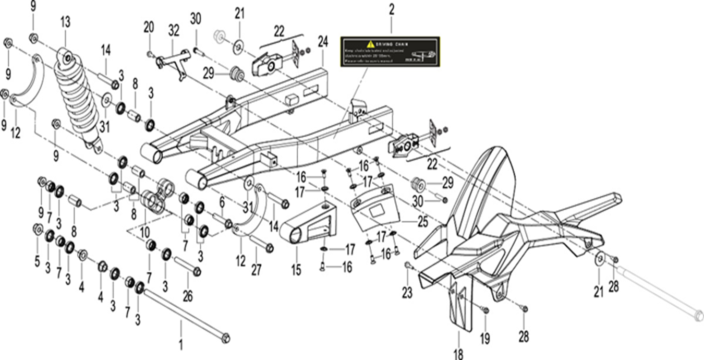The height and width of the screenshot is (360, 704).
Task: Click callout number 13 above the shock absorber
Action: pos(65,22)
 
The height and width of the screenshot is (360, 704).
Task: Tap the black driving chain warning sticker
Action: pos(390,51)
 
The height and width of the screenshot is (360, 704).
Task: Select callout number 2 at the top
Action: pos(391,9)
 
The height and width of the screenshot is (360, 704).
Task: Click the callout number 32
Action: pos(174,31)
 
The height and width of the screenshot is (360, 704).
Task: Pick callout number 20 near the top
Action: pos(149,27)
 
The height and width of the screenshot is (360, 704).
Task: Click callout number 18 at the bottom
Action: pos(458,354)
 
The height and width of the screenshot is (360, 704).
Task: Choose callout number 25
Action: pos(422,222)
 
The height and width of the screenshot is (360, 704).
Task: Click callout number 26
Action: pos(187,296)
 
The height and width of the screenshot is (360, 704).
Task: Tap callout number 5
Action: pos(37,261)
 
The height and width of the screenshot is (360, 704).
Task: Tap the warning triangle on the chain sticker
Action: pos(371,44)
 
